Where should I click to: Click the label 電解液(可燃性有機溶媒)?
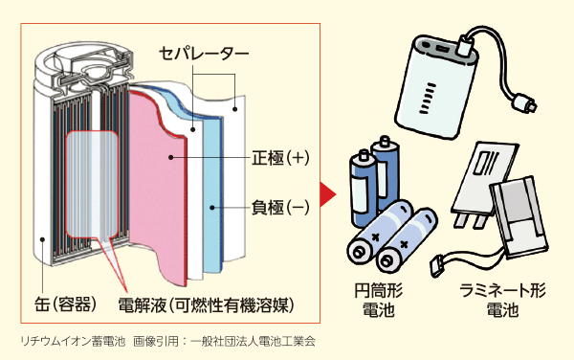pyautogui.click(x=205, y=304)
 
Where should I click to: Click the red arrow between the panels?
pyautogui.click(x=326, y=191)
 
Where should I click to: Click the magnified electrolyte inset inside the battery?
pyautogui.click(x=91, y=182)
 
